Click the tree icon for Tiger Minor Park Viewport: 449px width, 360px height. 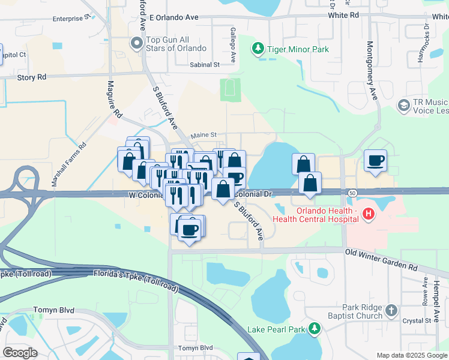258,48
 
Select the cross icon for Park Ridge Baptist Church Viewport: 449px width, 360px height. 391,310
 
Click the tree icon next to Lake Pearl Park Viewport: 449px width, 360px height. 313,328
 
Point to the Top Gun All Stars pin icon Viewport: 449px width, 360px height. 136,43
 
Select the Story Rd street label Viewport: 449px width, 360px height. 31,77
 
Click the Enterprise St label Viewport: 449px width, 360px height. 70,19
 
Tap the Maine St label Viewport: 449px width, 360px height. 202,136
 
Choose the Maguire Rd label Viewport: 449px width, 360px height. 112,99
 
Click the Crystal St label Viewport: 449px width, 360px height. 413,320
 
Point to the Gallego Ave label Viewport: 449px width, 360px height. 232,45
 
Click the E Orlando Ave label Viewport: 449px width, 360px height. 175,19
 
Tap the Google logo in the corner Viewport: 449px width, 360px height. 20,352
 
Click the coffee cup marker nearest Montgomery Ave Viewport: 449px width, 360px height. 375,161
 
